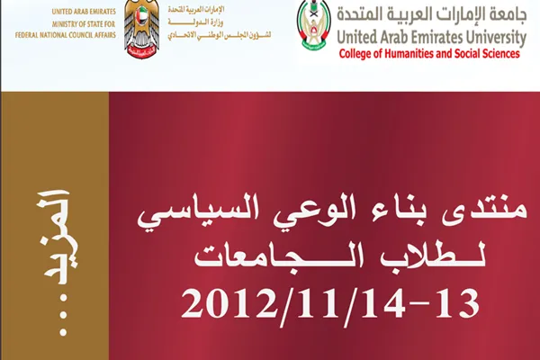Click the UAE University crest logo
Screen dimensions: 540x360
pyautogui.click(x=313, y=25)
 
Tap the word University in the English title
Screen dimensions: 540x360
pyautogui.click(x=489, y=38)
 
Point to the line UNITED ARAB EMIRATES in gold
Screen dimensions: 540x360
pyautogui.click(x=84, y=12)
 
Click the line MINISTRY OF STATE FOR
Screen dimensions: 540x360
pyautogui.click(x=84, y=23)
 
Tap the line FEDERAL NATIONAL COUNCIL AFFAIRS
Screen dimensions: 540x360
pyautogui.click(x=66, y=35)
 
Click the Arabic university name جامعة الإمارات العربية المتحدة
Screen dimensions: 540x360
pyautogui.click(x=432, y=14)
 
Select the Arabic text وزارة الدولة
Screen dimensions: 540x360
pyautogui.click(x=195, y=22)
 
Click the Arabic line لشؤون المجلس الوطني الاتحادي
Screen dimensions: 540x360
pyautogui.click(x=220, y=35)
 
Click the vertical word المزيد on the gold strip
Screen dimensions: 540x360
pyautogui.click(x=58, y=237)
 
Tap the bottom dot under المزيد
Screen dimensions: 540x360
pyautogui.click(x=63, y=332)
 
